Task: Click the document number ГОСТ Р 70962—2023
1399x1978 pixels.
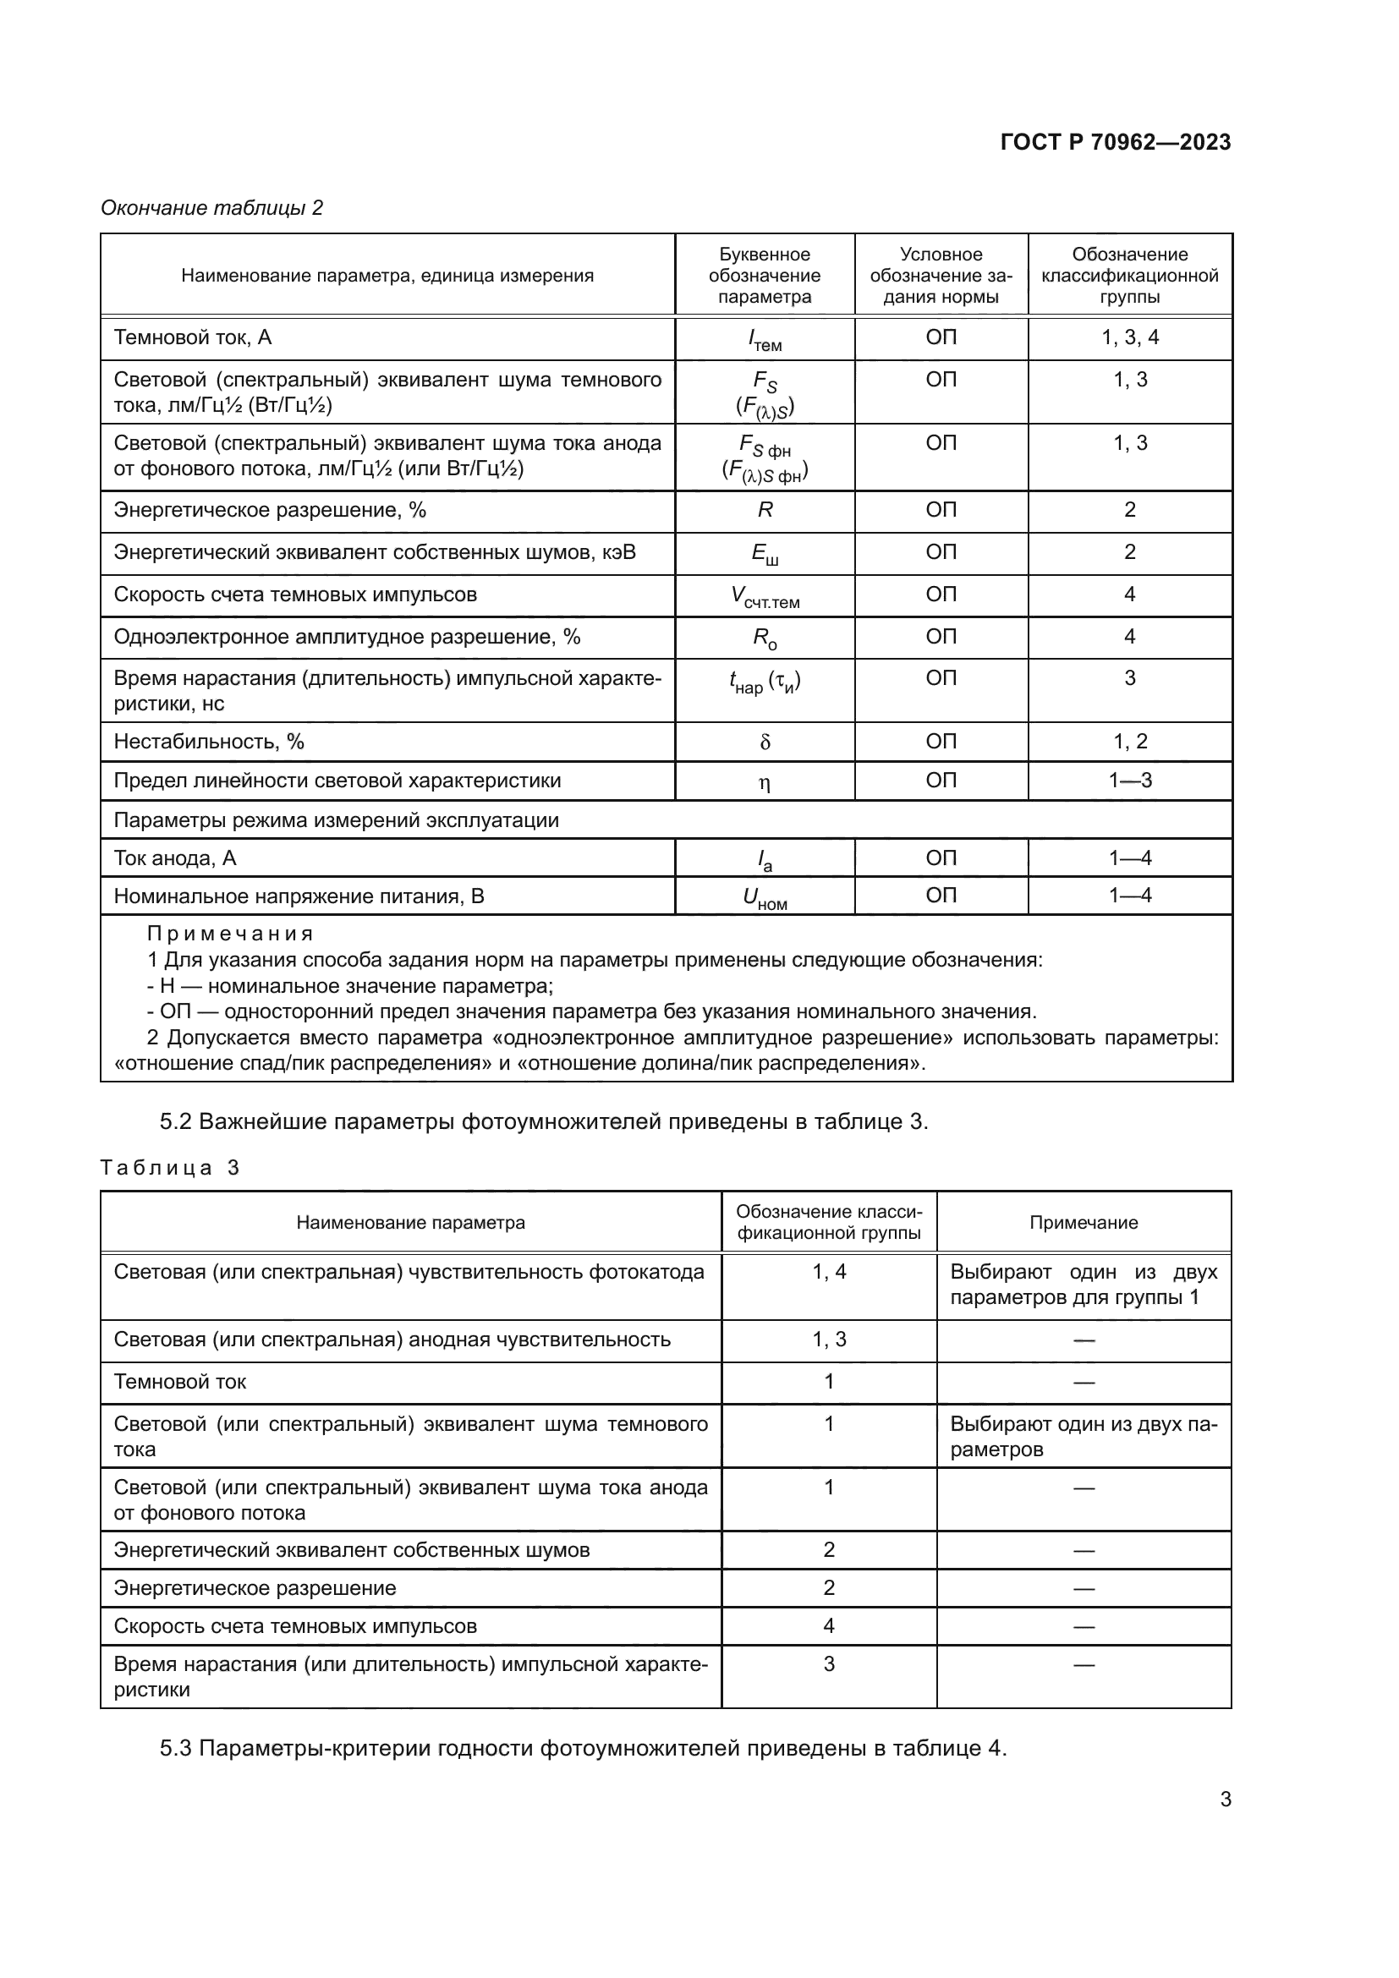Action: [x=1116, y=142]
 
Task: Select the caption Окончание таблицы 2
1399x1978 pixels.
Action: [x=212, y=208]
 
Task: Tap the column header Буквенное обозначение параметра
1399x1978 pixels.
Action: [x=764, y=276]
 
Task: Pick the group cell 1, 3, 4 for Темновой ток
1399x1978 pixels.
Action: [x=1129, y=337]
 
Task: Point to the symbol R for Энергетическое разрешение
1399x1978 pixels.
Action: [x=764, y=510]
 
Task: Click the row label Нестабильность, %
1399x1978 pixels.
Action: [x=208, y=742]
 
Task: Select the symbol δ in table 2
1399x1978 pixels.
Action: [x=764, y=742]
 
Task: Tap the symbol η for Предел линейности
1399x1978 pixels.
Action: [x=764, y=782]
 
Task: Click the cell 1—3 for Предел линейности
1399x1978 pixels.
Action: [x=1129, y=781]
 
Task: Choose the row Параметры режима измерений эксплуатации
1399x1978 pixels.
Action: [x=336, y=820]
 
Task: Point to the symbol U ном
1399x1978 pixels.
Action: [x=764, y=899]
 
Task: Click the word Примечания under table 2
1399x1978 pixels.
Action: [x=230, y=934]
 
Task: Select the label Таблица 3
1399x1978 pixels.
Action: [x=170, y=1167]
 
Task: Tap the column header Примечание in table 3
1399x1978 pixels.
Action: [x=1083, y=1223]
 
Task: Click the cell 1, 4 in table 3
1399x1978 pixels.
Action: [x=829, y=1272]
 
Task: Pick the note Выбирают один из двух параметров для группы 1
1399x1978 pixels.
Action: [x=1083, y=1285]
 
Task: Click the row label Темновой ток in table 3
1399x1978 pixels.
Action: [x=180, y=1382]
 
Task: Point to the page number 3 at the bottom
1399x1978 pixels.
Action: [x=1225, y=1800]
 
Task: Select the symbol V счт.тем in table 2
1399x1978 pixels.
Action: [x=764, y=596]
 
